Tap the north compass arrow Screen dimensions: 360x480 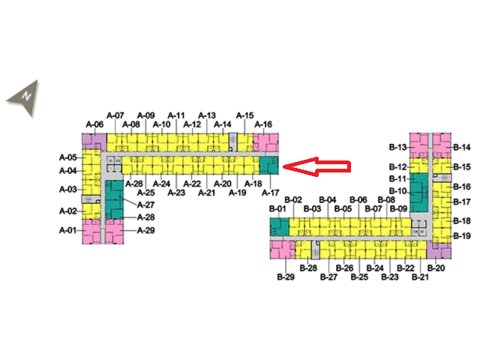(x=24, y=99)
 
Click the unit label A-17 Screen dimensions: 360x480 (x=271, y=193)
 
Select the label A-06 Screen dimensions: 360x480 (x=94, y=124)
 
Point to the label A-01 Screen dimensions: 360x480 (x=68, y=230)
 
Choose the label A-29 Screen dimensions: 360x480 (x=145, y=230)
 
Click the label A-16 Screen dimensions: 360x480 (x=263, y=124)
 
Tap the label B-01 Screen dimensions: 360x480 (x=278, y=208)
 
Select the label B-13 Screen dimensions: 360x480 (x=397, y=147)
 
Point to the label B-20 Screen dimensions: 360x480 (x=436, y=268)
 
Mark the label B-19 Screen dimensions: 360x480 (x=461, y=236)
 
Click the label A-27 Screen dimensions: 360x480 (x=145, y=205)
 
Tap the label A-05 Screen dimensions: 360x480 (x=68, y=157)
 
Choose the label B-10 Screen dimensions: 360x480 (x=397, y=191)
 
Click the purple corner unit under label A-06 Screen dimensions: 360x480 (x=92, y=140)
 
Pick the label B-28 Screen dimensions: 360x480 (x=308, y=268)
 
